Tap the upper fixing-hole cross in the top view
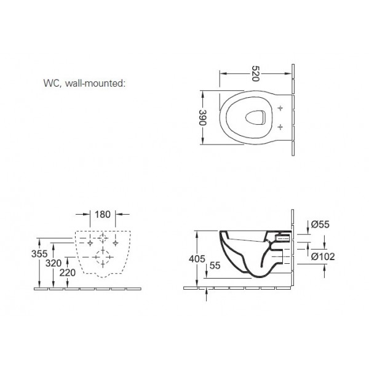pyautogui.click(x=280, y=108)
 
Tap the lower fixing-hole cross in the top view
pyautogui.click(x=280, y=127)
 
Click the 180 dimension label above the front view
pyautogui.click(x=103, y=216)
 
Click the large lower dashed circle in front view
pyautogui.click(x=103, y=256)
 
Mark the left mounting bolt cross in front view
pyautogui.click(x=90, y=242)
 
